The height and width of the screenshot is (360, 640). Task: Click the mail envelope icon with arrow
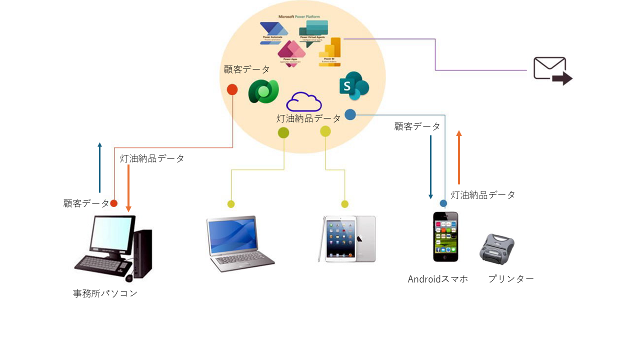pos(552,70)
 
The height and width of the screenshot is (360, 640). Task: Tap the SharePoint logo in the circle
pos(353,86)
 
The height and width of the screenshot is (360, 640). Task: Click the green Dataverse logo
pos(263,91)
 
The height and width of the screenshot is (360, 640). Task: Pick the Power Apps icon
pos(291,52)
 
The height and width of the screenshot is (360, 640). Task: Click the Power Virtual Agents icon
pos(313,31)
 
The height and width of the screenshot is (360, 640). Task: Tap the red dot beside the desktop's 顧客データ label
pos(113,203)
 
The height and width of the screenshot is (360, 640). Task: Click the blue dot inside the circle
pos(350,114)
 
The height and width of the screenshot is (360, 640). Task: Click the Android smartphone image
pos(445,236)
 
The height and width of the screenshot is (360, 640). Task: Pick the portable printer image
pos(497,248)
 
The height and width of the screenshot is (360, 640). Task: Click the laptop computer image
pos(238,243)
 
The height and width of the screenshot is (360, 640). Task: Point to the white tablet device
pos(347,239)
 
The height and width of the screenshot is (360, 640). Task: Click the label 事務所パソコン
pos(105,293)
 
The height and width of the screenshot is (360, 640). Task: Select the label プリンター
pos(511,279)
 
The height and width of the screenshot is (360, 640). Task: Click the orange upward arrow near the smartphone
pos(459,157)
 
